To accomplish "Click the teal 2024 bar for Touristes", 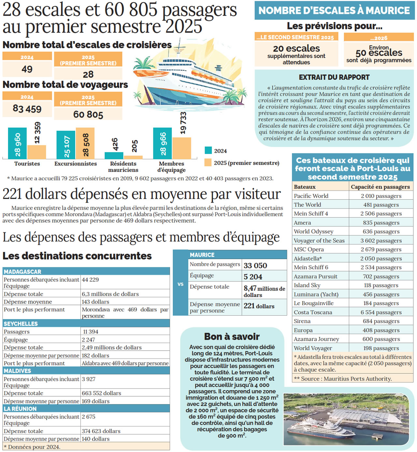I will point(17,143).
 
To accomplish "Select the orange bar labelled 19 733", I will point(182,148).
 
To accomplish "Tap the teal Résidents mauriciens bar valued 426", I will point(114,155).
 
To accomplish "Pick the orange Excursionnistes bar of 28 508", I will point(85,143).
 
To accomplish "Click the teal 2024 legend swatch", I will point(208,151).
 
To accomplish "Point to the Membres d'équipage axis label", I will point(171,167).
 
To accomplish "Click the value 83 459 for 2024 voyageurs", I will point(27,109).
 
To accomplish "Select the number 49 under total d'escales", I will point(27,69).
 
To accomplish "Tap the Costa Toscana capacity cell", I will point(381,312).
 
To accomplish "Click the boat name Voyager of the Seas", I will point(319,241).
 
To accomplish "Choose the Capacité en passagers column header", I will point(380,187).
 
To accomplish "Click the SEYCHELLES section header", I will point(21,324).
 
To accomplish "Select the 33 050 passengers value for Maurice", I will point(255,265).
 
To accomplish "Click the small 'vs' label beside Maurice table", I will point(180,284).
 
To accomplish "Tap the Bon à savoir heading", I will point(232,336).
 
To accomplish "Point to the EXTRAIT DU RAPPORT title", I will point(334,77).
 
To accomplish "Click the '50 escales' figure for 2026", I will point(379,53).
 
